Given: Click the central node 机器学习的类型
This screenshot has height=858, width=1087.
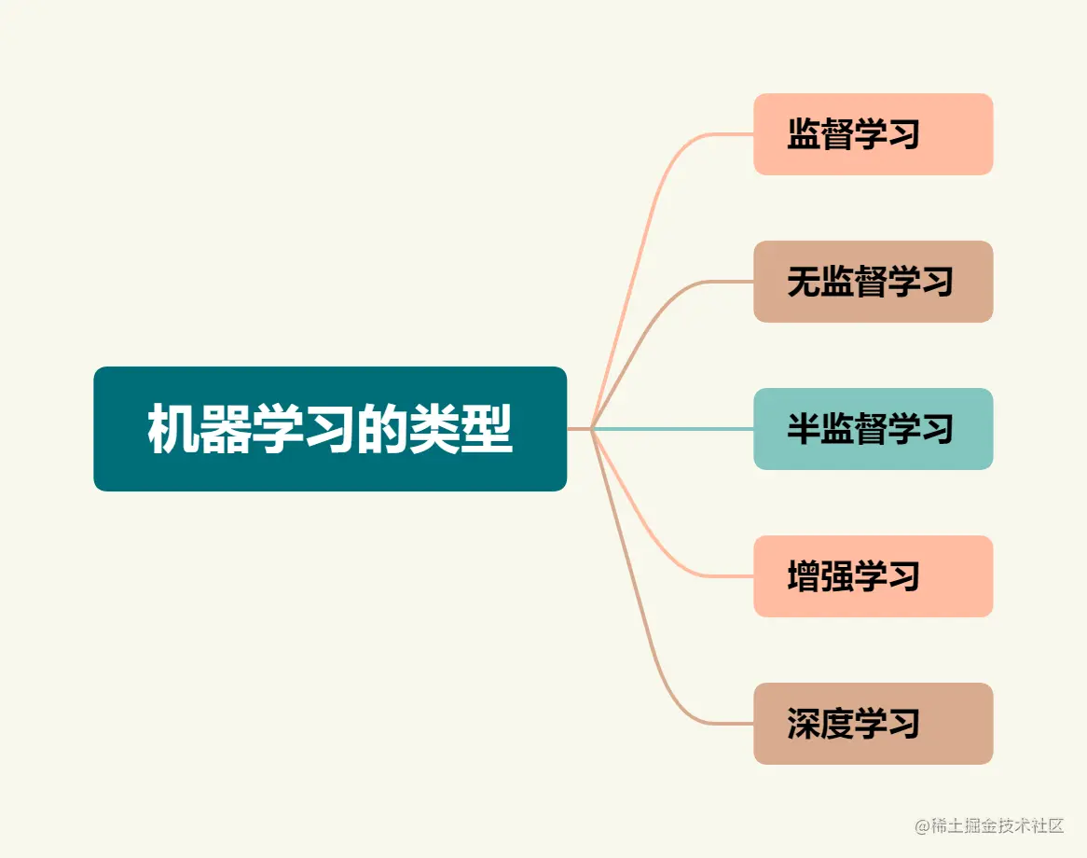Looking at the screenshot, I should point(330,429).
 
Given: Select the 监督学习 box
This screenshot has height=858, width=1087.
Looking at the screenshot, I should point(873,134).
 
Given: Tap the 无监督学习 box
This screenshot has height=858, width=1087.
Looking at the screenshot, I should point(873,282).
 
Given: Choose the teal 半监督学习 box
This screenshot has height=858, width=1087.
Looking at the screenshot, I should point(873,429).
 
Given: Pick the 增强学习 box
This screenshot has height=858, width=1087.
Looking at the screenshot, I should point(873,576).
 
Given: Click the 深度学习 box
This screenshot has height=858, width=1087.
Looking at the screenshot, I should point(873,724).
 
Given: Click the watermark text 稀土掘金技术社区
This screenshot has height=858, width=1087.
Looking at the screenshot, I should point(997,825).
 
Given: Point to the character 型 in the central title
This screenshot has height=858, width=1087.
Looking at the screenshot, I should point(488,429).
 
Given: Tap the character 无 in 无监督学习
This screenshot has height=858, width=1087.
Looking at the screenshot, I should point(804,282).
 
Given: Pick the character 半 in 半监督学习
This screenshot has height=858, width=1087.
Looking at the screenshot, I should point(804,429).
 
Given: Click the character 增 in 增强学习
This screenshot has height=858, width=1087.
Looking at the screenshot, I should point(804,576).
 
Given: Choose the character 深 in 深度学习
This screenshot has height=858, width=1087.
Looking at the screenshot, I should point(804,724).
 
